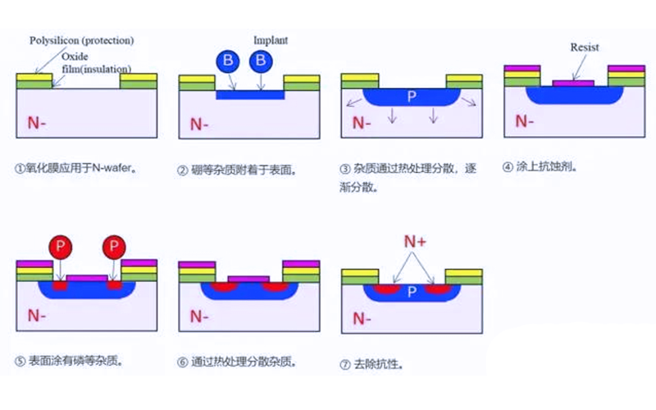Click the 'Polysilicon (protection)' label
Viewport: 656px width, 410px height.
81,40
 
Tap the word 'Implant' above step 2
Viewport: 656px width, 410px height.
271,39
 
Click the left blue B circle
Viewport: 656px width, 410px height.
228,60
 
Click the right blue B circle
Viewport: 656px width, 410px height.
262,60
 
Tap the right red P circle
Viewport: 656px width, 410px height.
115,247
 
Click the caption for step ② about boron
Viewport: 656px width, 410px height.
236,171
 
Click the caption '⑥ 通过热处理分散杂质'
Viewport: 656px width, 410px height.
237,362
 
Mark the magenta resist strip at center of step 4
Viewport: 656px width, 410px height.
574,83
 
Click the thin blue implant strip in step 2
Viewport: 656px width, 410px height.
250,94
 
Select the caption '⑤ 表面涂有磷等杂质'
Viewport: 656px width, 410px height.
75,361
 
